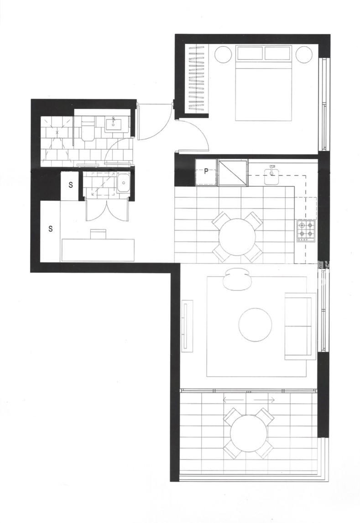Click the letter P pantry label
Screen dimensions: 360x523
pos(206,172)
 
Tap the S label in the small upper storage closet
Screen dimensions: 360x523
pos(71,185)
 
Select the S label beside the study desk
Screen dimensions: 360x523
pos(51,229)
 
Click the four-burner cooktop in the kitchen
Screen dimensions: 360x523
pos(306,230)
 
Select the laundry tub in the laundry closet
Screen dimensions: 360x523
pos(123,183)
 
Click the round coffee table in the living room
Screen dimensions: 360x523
pos(256,325)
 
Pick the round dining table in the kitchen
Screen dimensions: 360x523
pos(237,237)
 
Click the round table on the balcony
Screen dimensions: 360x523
pos(249,433)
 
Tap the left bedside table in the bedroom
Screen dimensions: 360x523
pos(223,54)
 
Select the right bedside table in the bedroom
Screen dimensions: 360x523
pos(304,54)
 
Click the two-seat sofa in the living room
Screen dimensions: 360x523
pos(300,326)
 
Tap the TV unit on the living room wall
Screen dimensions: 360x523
pos(187,325)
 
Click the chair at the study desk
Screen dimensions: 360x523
pos(98,234)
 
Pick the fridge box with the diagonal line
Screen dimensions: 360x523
pos(233,172)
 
